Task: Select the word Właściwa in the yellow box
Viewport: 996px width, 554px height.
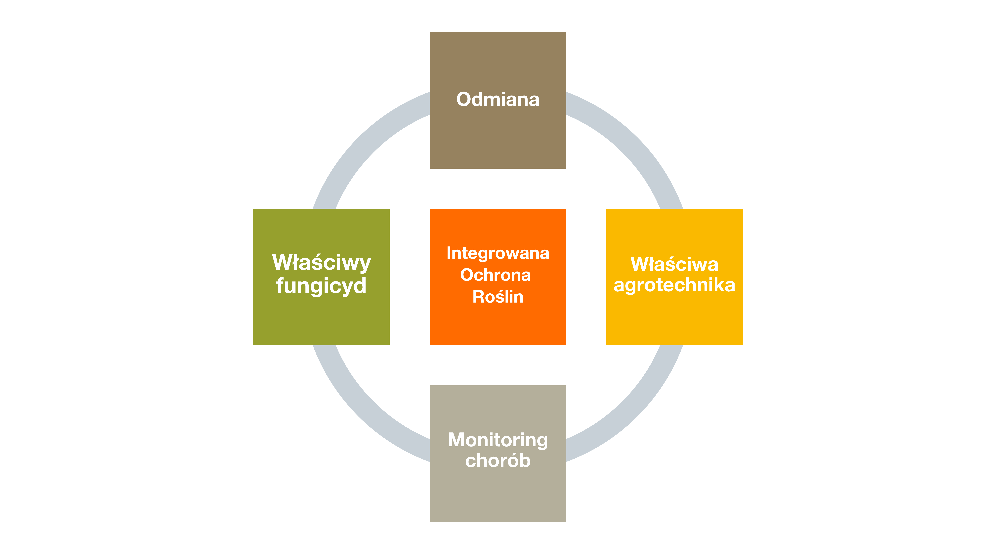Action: click(674, 264)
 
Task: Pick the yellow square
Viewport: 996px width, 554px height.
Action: click(674, 277)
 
